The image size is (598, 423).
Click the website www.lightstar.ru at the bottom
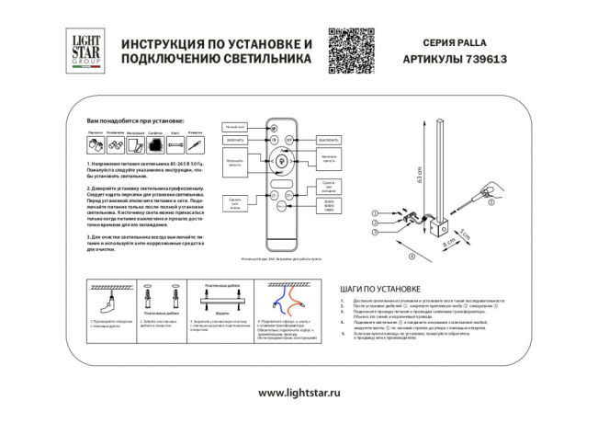tap(299, 393)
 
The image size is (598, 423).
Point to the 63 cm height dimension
tap(418, 174)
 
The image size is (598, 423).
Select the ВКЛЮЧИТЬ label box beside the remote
tap(234, 138)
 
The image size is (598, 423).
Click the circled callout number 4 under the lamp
tap(412, 257)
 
